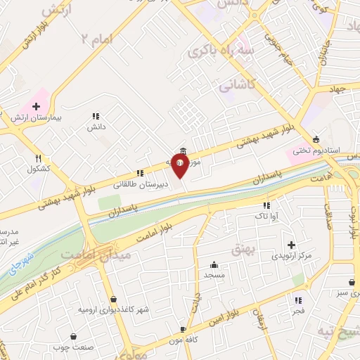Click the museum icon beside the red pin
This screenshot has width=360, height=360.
(x=184, y=150)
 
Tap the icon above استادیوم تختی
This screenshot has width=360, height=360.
(x=316, y=139)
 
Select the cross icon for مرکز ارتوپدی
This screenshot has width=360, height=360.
(x=290, y=245)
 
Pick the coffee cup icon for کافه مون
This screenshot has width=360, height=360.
(x=183, y=328)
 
